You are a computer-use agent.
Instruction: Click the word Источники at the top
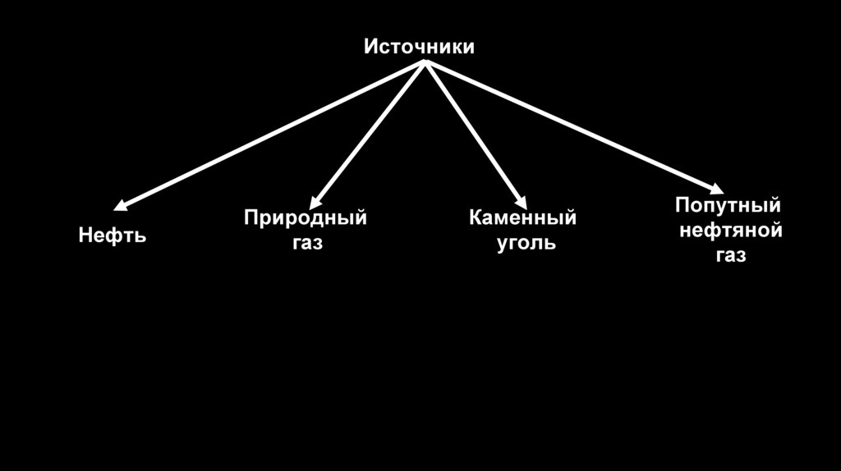tap(419, 47)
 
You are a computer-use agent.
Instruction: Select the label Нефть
tap(113, 236)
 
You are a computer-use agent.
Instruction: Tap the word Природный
tap(305, 219)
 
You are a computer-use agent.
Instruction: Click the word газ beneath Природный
tap(306, 244)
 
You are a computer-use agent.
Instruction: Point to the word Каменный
tap(522, 219)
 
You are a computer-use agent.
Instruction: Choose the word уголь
tap(526, 244)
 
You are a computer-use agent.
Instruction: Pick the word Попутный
tap(728, 205)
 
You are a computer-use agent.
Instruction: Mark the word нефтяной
tap(730, 231)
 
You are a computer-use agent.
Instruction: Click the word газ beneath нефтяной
tap(730, 255)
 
